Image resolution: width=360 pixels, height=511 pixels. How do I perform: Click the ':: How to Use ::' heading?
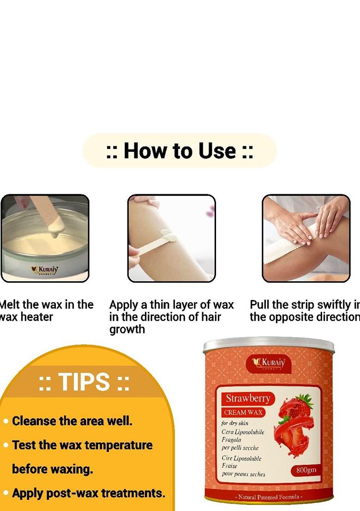(x=180, y=151)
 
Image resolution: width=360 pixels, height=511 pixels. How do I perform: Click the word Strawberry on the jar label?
(x=247, y=398)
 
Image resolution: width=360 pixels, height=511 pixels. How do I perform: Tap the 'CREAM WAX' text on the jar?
(x=244, y=412)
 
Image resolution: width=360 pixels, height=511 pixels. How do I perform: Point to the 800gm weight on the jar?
(x=303, y=470)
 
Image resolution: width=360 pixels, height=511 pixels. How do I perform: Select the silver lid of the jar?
(x=268, y=344)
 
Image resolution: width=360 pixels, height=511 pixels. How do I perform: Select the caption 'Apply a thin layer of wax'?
(x=171, y=305)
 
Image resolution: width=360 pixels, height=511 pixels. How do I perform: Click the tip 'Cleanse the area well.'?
(x=72, y=421)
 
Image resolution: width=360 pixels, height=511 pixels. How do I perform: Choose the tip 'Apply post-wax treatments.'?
(x=88, y=493)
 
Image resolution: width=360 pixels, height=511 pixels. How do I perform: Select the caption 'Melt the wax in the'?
(x=47, y=305)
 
